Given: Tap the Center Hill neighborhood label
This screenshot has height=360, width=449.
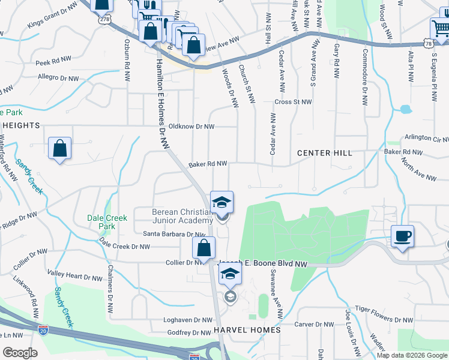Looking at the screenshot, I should click(x=325, y=153).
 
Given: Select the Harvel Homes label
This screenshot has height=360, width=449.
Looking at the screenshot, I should click(x=246, y=331).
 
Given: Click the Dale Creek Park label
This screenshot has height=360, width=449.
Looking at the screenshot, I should click(x=107, y=222).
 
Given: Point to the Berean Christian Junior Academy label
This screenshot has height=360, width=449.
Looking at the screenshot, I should click(x=182, y=216).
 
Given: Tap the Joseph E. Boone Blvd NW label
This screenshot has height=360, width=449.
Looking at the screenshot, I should click(x=264, y=263).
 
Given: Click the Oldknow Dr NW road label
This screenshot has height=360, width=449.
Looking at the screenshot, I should click(x=191, y=127).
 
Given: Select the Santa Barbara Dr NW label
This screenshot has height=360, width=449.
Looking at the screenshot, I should click(x=174, y=234).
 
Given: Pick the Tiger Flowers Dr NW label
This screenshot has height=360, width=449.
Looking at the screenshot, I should click(x=384, y=308).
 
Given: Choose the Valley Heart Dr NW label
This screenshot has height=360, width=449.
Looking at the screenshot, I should click(x=75, y=278).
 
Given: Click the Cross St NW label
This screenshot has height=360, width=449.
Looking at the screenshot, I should click(x=293, y=102).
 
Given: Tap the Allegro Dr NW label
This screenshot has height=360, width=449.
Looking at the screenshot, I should click(x=56, y=77).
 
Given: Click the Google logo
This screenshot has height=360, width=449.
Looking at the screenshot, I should click(x=20, y=353).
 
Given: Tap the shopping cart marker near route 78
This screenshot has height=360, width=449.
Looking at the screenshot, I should click(x=439, y=28).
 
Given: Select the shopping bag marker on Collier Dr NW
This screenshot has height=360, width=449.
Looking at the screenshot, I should click(x=204, y=247).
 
